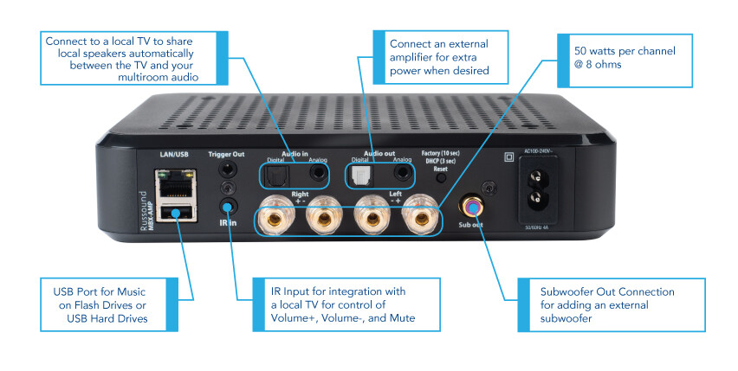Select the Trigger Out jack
(x=227, y=170)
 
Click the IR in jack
(x=227, y=207)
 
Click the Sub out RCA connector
(x=472, y=207)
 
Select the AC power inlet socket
(x=543, y=188)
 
